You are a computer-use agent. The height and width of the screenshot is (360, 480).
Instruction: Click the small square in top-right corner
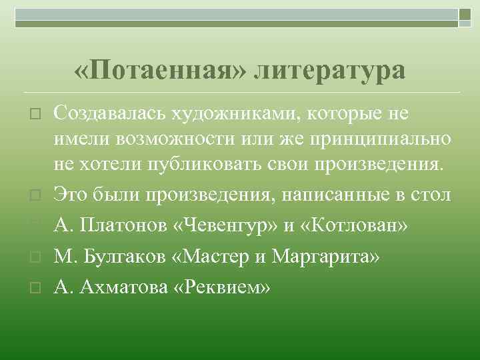pos(465,13)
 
